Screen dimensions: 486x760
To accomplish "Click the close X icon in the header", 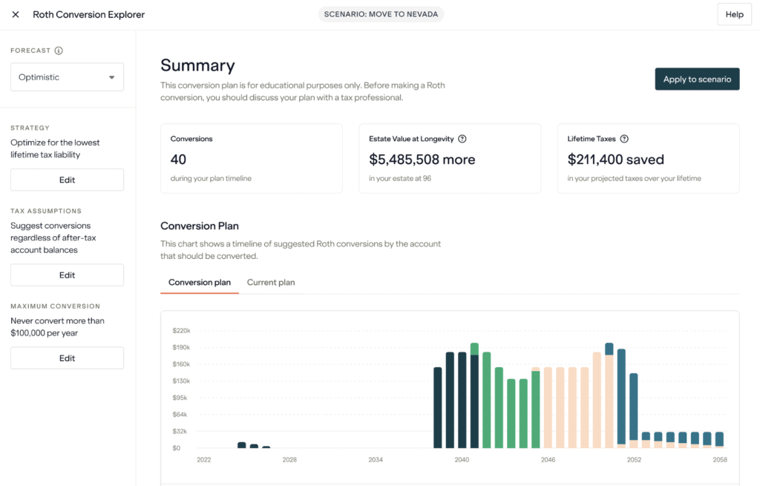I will (16, 15).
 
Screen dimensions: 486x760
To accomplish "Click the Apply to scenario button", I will (696, 79).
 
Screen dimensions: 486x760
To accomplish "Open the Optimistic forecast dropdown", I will (67, 77).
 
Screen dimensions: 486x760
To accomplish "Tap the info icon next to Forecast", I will (59, 51).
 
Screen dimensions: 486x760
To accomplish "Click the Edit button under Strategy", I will (67, 180).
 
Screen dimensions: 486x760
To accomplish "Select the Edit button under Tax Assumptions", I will (67, 275).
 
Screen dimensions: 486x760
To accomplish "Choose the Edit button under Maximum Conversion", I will (67, 358).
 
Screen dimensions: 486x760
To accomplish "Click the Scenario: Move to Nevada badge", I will (380, 15).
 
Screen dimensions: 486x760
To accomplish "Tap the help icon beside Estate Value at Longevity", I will (462, 139).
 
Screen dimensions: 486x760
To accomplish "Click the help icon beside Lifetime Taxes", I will (624, 139).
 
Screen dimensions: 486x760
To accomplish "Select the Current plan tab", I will (271, 282).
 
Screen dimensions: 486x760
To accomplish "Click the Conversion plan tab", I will (200, 282).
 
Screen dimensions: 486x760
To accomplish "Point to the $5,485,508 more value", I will (422, 160).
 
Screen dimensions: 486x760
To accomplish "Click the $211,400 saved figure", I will (615, 160).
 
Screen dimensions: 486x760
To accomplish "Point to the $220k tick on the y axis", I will (181, 330).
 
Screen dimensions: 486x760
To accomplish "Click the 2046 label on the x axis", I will (548, 460).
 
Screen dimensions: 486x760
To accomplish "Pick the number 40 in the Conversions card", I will (178, 160).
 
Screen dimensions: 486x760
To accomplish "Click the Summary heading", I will (197, 65).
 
